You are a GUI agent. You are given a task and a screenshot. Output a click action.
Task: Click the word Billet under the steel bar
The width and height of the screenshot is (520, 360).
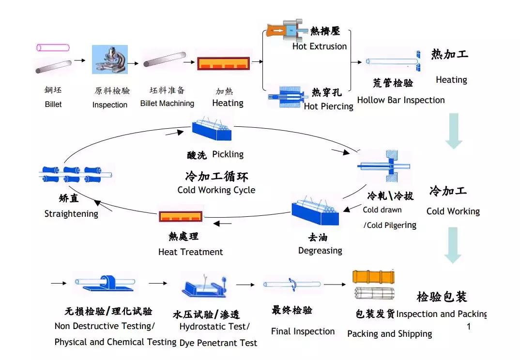tap(53, 104)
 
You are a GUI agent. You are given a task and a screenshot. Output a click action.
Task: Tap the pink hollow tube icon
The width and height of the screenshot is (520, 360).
tap(53, 47)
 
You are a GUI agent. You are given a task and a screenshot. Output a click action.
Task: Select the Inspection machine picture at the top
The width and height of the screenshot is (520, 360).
tap(110, 60)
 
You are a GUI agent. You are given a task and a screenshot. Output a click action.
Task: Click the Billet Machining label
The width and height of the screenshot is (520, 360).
tap(167, 103)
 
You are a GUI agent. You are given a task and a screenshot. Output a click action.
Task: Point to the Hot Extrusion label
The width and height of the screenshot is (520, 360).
tap(320, 46)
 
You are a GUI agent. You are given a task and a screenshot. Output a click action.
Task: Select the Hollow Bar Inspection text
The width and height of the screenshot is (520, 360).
tap(401, 100)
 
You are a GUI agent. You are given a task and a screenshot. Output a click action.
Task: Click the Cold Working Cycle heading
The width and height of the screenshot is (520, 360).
tap(216, 190)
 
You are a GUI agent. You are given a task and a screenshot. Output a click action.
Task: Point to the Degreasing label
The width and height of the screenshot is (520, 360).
tap(320, 251)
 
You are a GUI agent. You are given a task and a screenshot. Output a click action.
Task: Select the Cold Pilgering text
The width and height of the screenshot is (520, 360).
tap(390, 225)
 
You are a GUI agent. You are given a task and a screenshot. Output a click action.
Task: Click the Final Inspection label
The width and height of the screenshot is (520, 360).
tap(303, 331)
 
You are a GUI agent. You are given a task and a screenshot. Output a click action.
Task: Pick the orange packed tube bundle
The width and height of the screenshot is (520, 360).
tap(373, 277)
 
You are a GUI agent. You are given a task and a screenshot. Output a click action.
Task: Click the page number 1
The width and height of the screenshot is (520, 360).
tap(468, 326)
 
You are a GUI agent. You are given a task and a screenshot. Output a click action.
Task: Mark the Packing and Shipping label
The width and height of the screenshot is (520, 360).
tap(389, 334)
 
